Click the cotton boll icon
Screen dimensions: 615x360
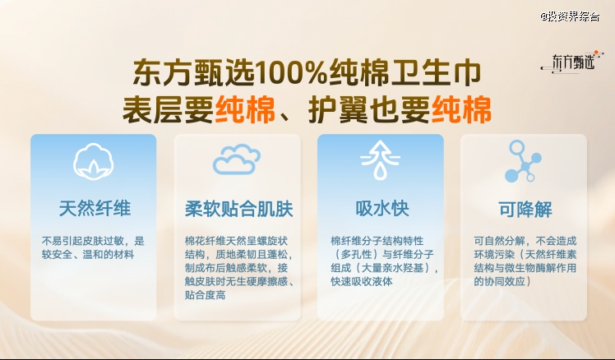pos(94,162)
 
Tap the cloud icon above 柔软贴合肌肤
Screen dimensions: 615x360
pos(237,159)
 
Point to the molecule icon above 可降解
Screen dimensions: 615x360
pos(523,161)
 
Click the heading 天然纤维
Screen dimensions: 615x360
pos(95,208)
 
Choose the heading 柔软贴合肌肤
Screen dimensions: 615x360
pos(239,208)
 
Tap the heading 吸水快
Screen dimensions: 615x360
pos(382,208)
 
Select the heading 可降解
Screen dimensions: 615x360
pos(525,209)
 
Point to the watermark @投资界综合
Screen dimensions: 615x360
pos(570,17)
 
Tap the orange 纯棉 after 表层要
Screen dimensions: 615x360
pos(245,109)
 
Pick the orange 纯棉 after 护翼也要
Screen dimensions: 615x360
pos(461,109)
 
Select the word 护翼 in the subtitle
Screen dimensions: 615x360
pos(338,109)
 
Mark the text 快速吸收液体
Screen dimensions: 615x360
pos(361,281)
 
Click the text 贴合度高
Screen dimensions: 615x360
pos(205,295)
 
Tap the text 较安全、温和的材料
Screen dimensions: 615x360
pos(88,255)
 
